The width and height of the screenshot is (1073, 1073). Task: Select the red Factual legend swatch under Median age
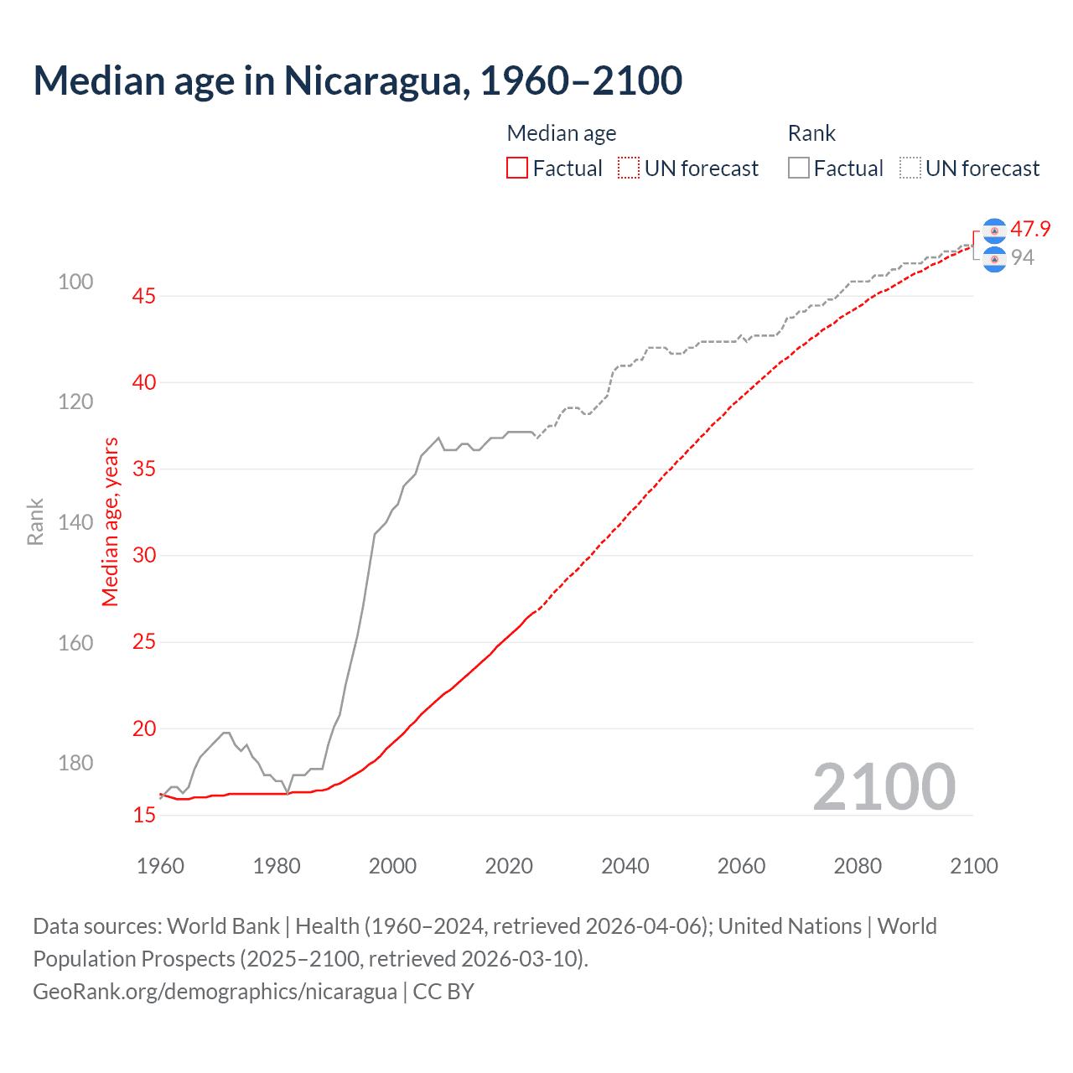click(517, 168)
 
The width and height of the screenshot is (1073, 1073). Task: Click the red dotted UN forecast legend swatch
click(629, 168)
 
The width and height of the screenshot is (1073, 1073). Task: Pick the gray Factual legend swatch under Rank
click(799, 168)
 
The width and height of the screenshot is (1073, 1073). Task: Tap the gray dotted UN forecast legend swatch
click(910, 168)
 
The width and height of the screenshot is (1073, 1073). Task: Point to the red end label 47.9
click(1030, 229)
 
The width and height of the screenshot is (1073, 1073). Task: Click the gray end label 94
click(1023, 257)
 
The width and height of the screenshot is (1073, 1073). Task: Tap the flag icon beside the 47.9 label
click(994, 231)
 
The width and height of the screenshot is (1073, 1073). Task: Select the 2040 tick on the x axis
click(625, 866)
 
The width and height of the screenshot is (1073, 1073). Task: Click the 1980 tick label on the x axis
click(277, 866)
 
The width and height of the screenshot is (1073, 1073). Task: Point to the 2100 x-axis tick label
click(973, 866)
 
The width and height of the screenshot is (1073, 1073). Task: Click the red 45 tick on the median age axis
click(144, 296)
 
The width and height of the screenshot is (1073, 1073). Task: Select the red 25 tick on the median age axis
click(144, 642)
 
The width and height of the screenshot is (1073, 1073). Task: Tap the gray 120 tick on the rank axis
click(75, 402)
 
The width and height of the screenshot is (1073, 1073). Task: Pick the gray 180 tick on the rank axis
click(75, 763)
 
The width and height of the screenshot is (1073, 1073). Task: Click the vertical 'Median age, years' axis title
click(111, 521)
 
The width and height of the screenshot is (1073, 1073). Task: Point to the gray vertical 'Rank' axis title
click(35, 521)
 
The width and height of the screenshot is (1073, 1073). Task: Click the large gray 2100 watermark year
click(884, 786)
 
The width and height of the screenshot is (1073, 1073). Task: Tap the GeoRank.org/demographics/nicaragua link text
click(215, 991)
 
